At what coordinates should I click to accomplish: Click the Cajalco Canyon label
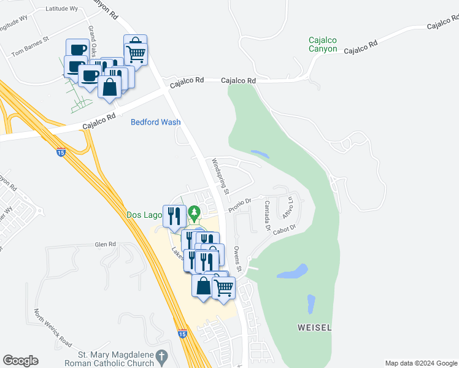pyautogui.click(x=323, y=45)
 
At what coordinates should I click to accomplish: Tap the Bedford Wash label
pyautogui.click(x=156, y=122)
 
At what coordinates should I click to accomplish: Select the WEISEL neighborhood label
pyautogui.click(x=314, y=328)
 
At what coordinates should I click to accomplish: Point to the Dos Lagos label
pyautogui.click(x=144, y=215)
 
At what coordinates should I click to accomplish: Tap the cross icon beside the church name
pyautogui.click(x=161, y=356)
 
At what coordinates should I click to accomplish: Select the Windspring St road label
pyautogui.click(x=220, y=177)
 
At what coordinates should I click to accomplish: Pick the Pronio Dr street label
pyautogui.click(x=241, y=204)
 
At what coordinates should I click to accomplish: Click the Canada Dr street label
pyautogui.click(x=268, y=215)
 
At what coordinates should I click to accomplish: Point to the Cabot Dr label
pyautogui.click(x=285, y=229)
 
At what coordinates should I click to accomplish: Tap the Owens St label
pyautogui.click(x=238, y=259)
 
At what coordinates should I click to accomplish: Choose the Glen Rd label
pyautogui.click(x=106, y=244)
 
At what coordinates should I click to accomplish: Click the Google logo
pyautogui.click(x=20, y=361)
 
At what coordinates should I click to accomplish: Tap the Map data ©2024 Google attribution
pyautogui.click(x=421, y=363)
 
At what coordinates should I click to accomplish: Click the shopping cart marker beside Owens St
pyautogui.click(x=224, y=287)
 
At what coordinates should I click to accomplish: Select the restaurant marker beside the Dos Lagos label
pyautogui.click(x=174, y=216)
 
